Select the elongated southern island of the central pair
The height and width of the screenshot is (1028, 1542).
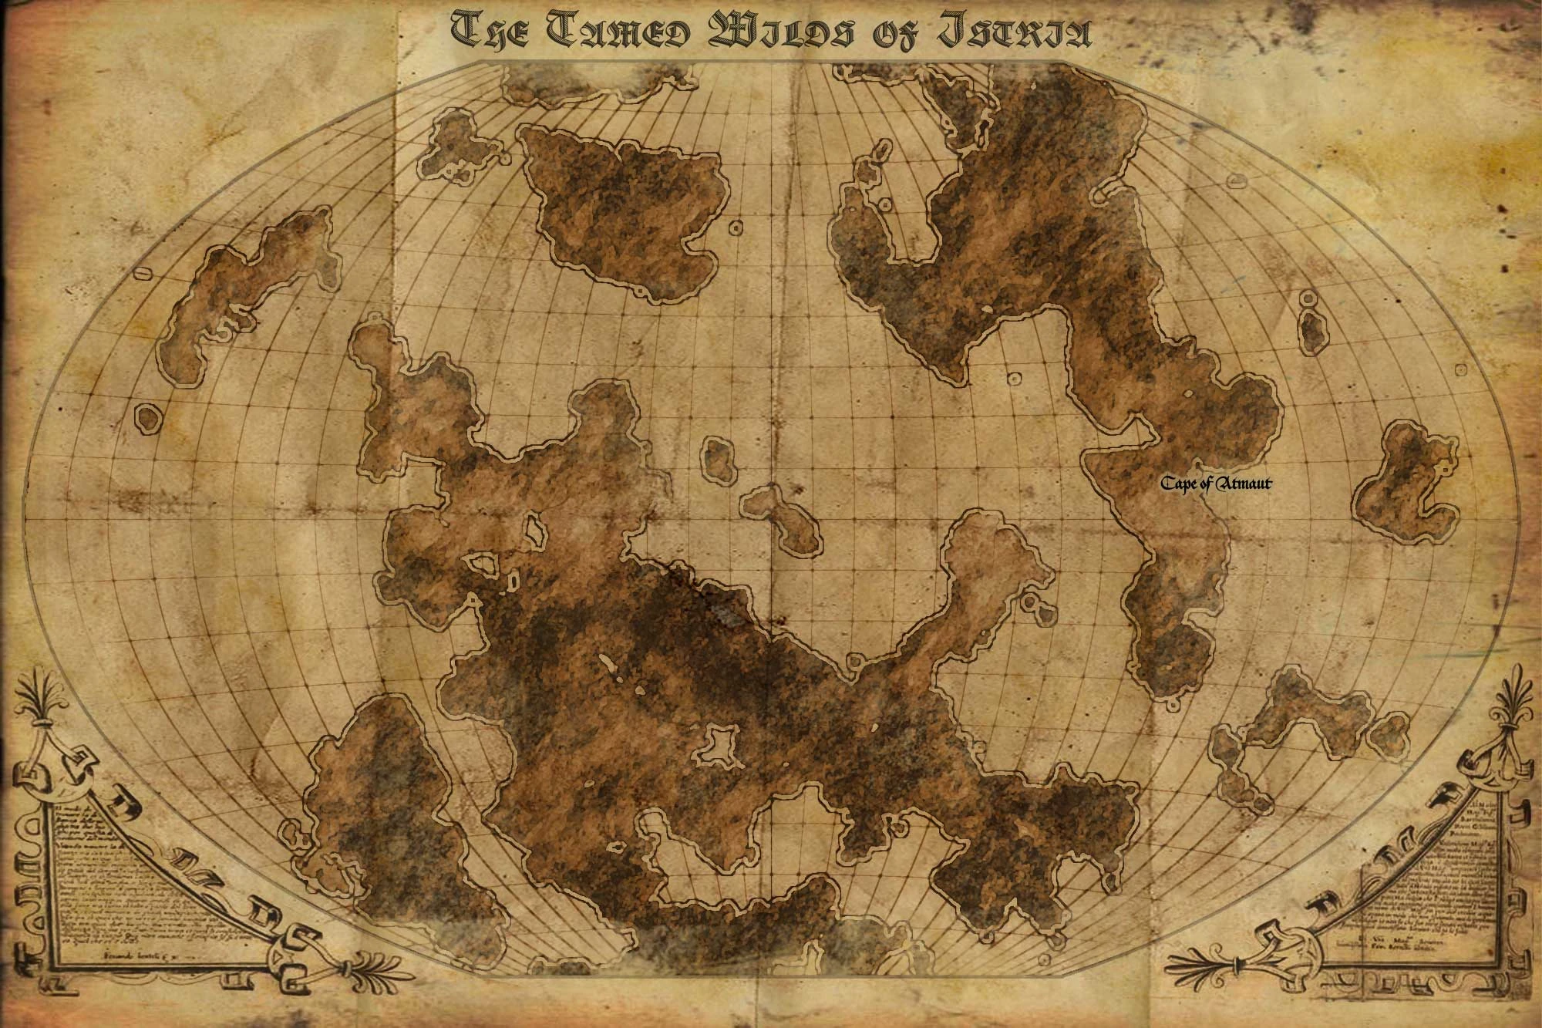[x=783, y=521]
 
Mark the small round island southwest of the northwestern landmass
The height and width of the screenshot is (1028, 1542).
[x=147, y=417]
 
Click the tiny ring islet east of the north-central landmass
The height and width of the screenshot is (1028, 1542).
[x=736, y=228]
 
